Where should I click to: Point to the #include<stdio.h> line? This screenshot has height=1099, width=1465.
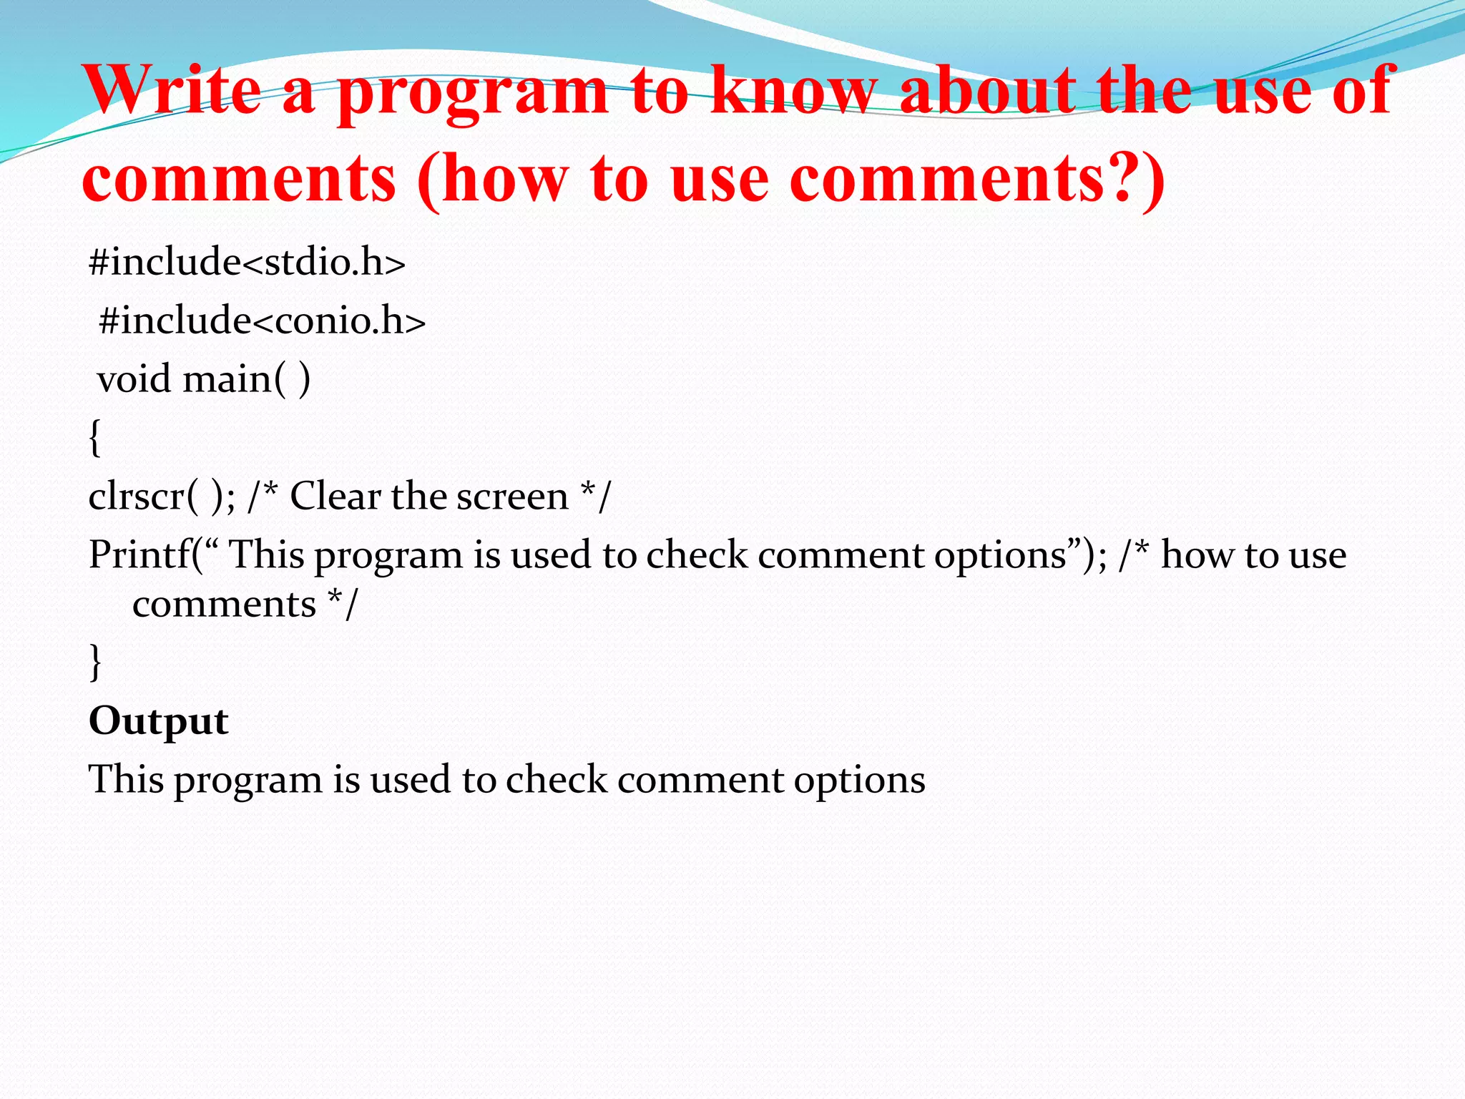(x=247, y=262)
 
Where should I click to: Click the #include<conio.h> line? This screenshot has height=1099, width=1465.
(x=262, y=321)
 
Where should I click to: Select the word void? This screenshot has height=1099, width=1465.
(x=134, y=378)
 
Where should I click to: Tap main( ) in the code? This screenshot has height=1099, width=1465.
(x=246, y=378)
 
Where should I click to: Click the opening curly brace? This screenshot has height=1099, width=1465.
(x=95, y=437)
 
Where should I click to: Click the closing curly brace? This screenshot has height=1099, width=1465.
(x=95, y=661)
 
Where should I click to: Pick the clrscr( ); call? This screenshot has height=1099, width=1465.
(x=161, y=496)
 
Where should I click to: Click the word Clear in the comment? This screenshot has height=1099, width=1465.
(x=334, y=496)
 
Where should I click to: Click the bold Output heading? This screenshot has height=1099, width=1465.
(x=158, y=721)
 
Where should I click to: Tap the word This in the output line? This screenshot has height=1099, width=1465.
(x=126, y=779)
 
